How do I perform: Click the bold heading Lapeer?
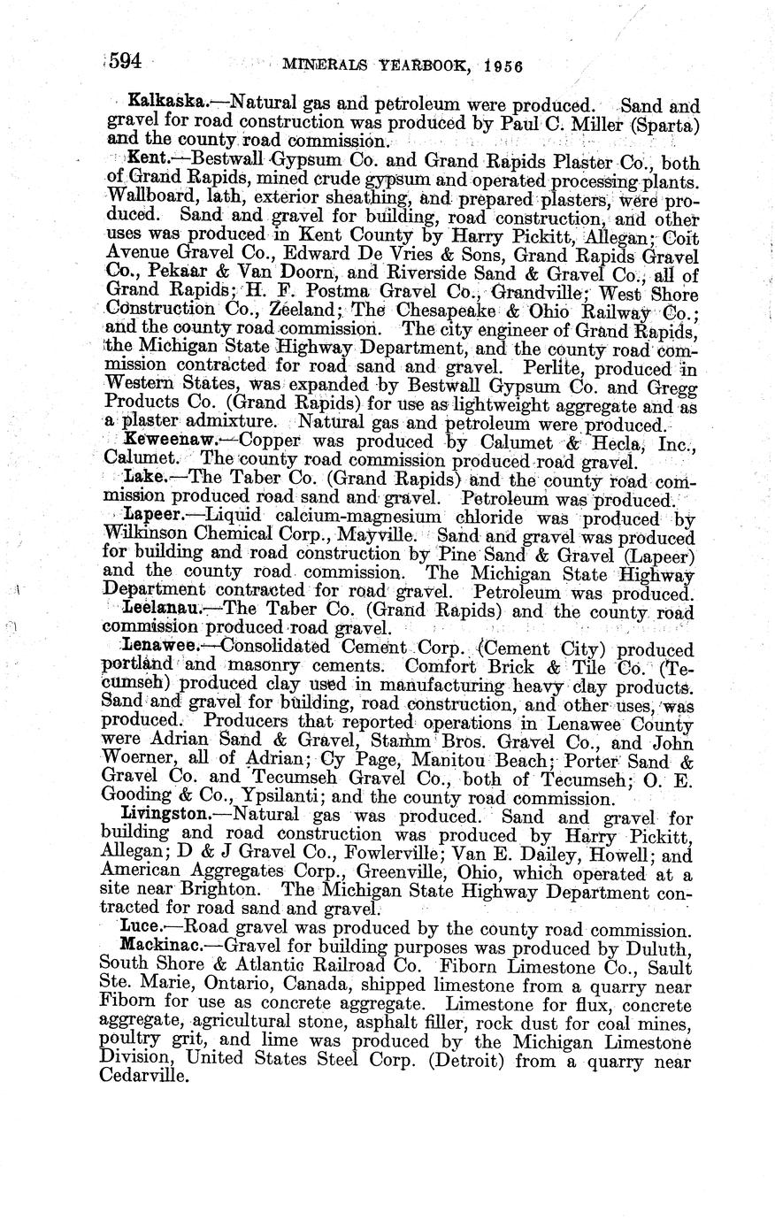[150, 515]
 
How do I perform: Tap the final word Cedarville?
[145, 1077]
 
